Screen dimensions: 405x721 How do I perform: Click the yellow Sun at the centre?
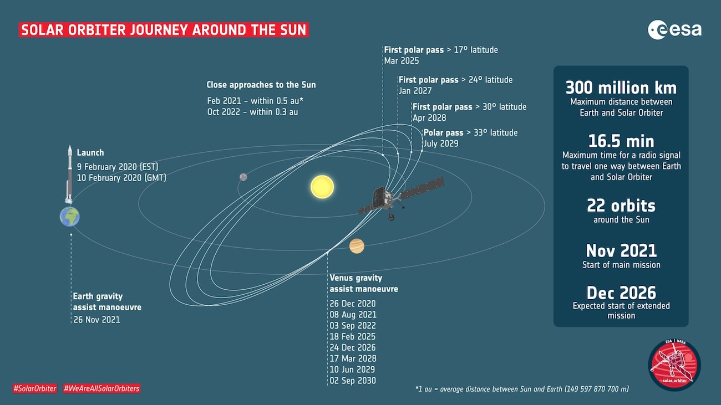322,187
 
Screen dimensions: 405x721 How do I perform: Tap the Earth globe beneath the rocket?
70,217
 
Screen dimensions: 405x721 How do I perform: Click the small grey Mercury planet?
243,177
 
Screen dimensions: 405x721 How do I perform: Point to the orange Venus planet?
357,245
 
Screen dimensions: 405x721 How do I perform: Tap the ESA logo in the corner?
674,30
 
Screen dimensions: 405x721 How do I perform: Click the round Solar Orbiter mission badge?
674,365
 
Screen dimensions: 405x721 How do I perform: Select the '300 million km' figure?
621,88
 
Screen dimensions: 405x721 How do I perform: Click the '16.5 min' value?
621,141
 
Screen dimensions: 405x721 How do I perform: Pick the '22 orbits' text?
621,206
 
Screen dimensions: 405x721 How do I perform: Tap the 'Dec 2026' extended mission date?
621,293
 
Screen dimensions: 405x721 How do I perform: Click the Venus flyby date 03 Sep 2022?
352,326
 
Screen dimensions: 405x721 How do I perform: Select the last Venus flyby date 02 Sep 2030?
352,381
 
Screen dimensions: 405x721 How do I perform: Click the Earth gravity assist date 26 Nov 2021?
97,320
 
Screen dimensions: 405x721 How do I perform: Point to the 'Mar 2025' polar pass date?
401,61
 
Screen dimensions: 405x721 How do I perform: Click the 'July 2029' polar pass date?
441,143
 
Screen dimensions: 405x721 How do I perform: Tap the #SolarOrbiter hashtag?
35,388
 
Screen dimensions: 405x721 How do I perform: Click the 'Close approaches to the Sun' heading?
261,85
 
